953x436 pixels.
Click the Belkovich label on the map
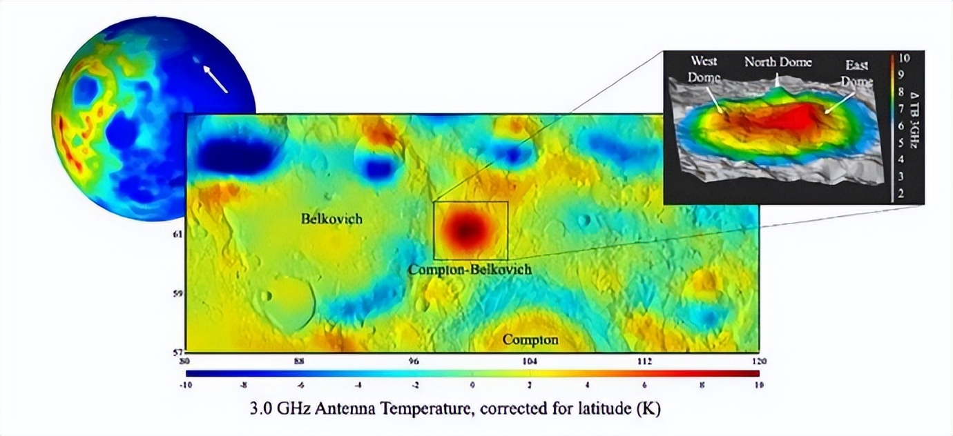pos(331,219)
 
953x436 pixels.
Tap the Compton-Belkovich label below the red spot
pos(470,269)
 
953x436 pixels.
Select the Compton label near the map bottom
pos(530,339)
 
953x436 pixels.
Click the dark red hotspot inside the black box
pos(465,228)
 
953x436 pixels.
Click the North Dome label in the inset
pos(778,62)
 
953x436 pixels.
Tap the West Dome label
pos(704,70)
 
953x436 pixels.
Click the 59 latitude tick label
pos(177,294)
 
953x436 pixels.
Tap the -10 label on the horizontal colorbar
pos(186,386)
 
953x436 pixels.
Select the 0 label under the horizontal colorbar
pos(472,386)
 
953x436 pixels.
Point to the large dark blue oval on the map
pos(235,155)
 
